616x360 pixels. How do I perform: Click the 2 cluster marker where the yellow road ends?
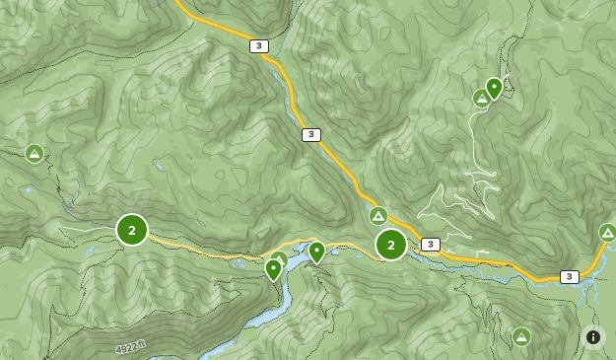(x=132, y=230)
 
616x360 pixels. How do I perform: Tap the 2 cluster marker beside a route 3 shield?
(x=391, y=245)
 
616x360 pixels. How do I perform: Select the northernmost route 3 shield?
(x=258, y=46)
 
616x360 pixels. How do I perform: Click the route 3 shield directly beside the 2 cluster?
(x=430, y=244)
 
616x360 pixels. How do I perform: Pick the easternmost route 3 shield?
(x=569, y=276)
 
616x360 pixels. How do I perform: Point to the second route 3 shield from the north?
(x=311, y=135)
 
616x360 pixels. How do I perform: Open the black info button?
(x=593, y=337)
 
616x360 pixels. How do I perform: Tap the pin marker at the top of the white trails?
(x=494, y=88)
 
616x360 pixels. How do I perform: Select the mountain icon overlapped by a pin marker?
(x=481, y=98)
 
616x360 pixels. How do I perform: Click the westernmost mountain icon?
(x=34, y=153)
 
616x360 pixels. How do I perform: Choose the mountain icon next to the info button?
(x=521, y=337)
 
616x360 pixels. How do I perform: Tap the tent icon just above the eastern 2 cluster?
(x=378, y=215)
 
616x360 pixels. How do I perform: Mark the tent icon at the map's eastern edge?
(x=607, y=233)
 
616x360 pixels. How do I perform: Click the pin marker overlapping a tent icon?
(x=273, y=268)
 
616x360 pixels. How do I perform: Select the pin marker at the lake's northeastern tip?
(x=316, y=252)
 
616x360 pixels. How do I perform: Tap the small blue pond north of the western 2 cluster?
(x=159, y=166)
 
